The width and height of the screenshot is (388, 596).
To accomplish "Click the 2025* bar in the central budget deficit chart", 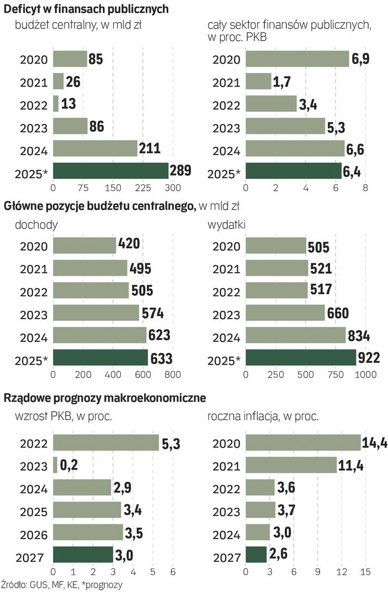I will [110, 171].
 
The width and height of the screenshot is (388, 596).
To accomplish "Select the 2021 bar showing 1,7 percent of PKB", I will [258, 82].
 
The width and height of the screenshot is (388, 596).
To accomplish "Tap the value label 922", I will [369, 358].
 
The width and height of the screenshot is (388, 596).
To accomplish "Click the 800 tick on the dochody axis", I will [173, 375].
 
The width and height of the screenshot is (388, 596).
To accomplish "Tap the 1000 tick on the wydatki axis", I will [365, 375].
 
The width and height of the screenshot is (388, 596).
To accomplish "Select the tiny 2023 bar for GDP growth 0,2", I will [55, 465].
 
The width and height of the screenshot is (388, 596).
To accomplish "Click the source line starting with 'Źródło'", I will [62, 584].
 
